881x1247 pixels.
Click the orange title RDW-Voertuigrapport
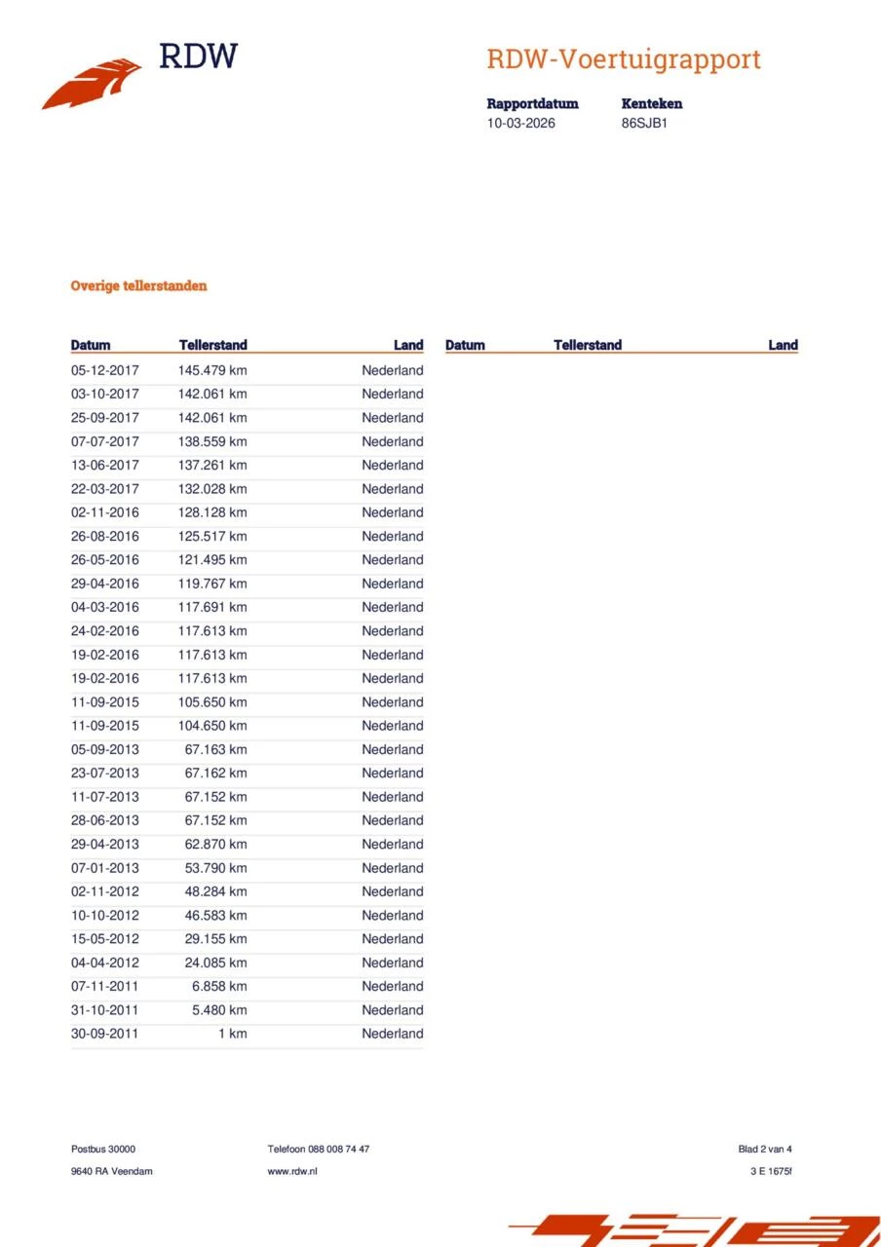[x=623, y=59]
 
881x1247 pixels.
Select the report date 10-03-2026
[x=520, y=124]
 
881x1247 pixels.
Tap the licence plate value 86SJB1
[x=644, y=124]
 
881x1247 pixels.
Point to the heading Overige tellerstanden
[x=138, y=286]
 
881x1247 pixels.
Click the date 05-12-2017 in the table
[x=105, y=370]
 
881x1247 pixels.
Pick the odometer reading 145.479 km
[x=212, y=370]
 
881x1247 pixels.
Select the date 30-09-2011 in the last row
[x=105, y=1034]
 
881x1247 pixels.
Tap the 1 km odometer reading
[x=232, y=1034]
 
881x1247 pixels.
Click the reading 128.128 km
[x=212, y=512]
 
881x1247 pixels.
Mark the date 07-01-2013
[x=105, y=868]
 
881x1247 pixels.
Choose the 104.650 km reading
[x=212, y=726]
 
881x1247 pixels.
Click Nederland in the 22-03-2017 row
[x=393, y=489]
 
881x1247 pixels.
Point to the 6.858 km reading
[x=219, y=986]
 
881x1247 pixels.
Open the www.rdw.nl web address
[x=292, y=1171]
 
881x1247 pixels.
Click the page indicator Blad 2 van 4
[x=765, y=1150]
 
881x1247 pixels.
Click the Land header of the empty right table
[x=783, y=345]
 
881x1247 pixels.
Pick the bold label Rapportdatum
[x=532, y=103]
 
